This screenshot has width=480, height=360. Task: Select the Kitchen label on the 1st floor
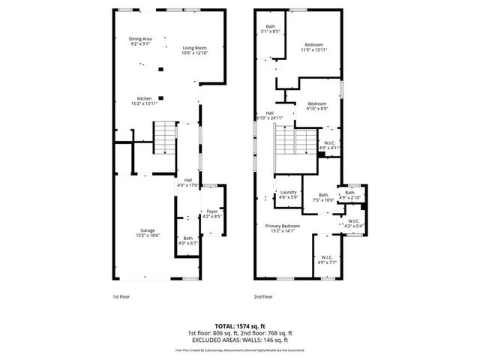[145, 100]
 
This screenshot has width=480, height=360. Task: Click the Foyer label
[212, 214]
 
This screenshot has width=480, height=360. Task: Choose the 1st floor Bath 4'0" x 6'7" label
[187, 241]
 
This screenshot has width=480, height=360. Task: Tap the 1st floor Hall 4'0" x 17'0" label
[187, 182]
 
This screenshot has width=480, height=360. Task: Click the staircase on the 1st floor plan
[164, 138]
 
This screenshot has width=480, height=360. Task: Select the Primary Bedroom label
[283, 228]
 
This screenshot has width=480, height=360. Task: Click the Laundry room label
[289, 195]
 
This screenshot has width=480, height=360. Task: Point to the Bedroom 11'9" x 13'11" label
[313, 47]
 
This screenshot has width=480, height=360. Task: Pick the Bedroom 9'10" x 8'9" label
[316, 106]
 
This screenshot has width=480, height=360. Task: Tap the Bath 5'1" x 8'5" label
[270, 29]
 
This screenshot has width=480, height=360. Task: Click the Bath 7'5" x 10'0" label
[323, 198]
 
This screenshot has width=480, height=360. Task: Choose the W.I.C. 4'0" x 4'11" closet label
[330, 145]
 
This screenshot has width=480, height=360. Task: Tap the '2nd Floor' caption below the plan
[263, 297]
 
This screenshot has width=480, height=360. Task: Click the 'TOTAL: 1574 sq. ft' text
[240, 325]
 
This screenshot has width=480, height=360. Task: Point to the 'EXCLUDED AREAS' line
[240, 340]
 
